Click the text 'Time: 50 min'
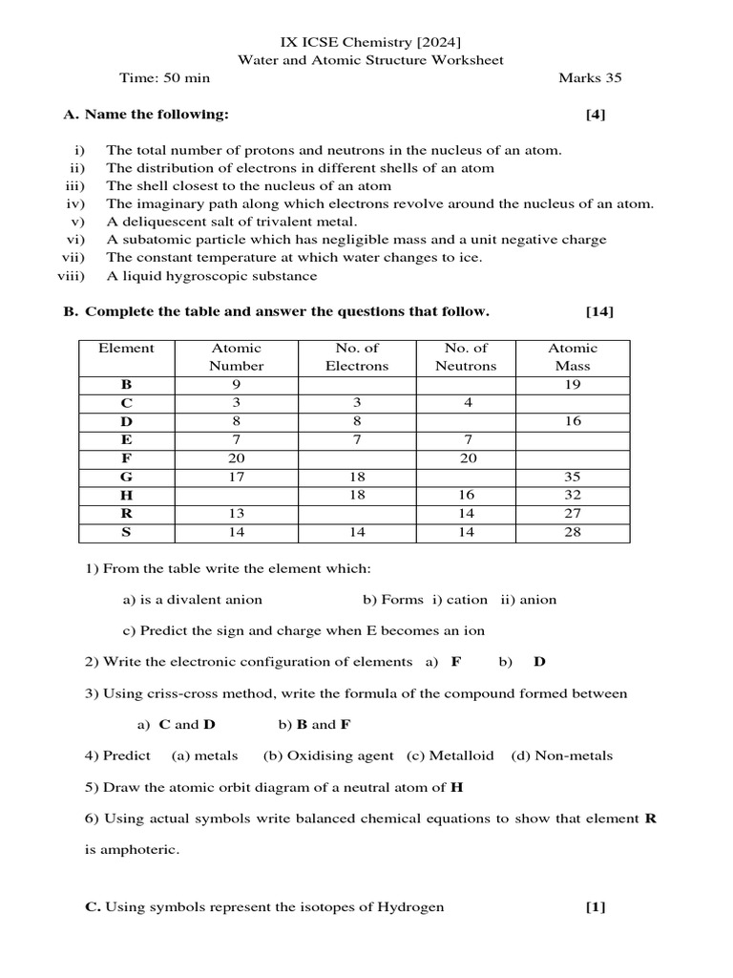point(164,78)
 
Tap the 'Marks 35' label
point(590,78)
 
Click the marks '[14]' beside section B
point(599,311)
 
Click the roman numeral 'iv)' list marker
point(75,203)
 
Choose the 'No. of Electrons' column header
point(357,356)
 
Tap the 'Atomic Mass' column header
point(573,356)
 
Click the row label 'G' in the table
point(126,475)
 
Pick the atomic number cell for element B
point(237,385)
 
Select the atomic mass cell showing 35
point(573,475)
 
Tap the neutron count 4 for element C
point(467,403)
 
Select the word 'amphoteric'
point(141,849)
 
